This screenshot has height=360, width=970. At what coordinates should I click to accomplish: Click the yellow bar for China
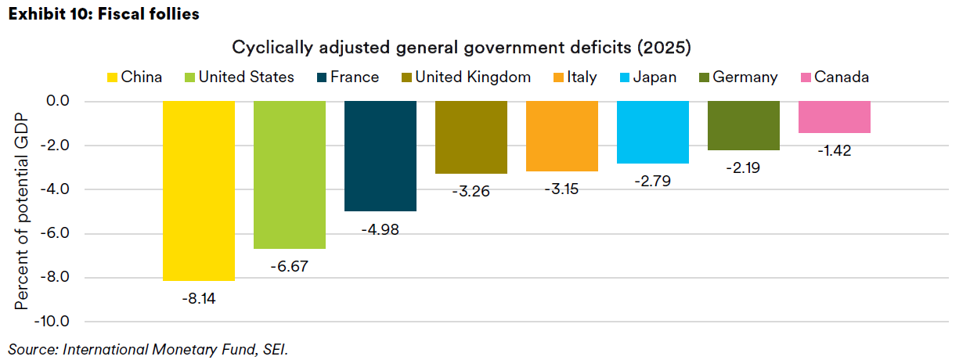199,190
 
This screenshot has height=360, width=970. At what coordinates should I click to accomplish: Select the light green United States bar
290,175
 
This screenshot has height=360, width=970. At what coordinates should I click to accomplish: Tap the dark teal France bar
380,156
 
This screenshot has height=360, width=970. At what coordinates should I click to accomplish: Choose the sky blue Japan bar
653,131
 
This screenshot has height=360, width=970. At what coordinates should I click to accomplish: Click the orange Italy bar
562,135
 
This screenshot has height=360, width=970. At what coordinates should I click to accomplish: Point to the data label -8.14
199,297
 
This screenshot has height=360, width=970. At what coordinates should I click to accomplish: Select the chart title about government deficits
462,48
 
